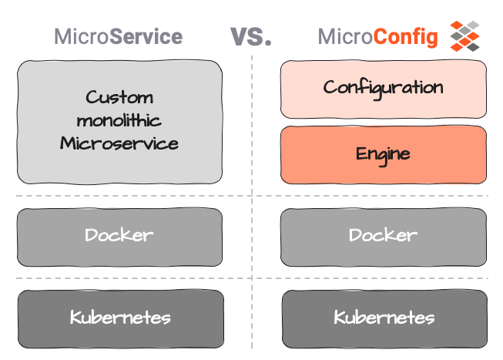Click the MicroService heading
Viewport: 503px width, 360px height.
118,36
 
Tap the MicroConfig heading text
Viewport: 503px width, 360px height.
378,36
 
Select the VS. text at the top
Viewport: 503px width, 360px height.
251,35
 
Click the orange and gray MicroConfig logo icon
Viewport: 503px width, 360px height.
464,35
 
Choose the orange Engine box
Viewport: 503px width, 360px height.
384,155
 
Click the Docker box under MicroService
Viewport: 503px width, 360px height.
119,234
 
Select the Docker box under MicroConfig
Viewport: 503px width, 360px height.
384,234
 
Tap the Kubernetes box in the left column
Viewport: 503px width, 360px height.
119,317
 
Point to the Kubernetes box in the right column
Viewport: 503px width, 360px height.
384,317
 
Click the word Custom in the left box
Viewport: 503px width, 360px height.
119,98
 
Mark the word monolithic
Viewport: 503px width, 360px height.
119,120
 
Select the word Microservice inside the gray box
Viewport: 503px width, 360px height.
119,143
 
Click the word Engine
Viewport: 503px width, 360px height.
383,154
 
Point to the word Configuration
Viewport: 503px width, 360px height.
383,87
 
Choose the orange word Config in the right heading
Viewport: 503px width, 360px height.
406,36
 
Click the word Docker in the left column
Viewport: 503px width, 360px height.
119,234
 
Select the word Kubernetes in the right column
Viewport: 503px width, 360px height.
384,317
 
